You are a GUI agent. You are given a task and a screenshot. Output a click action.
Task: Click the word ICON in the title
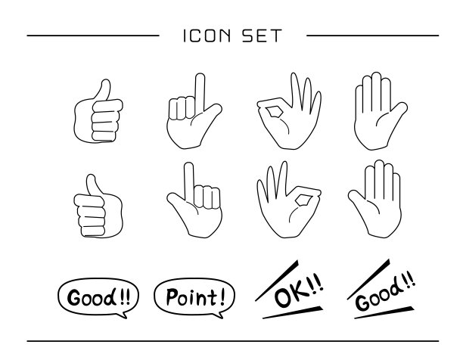[207, 36]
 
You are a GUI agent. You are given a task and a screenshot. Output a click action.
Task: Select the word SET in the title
[262, 36]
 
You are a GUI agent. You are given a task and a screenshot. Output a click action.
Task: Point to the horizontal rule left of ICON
[93, 36]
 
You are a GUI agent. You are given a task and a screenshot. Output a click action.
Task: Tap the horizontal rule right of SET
[373, 36]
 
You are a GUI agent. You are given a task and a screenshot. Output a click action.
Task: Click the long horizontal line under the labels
[233, 341]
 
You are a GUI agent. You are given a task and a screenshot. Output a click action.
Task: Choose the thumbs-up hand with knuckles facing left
[98, 206]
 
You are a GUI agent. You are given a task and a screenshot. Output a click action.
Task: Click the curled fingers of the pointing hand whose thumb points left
[207, 197]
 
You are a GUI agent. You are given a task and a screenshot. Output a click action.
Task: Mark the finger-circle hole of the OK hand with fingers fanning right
[272, 112]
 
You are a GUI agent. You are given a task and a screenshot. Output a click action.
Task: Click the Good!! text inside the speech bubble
[98, 297]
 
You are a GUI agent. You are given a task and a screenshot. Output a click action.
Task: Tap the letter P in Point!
[172, 296]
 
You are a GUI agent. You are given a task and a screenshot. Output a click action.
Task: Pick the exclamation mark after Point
[222, 296]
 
